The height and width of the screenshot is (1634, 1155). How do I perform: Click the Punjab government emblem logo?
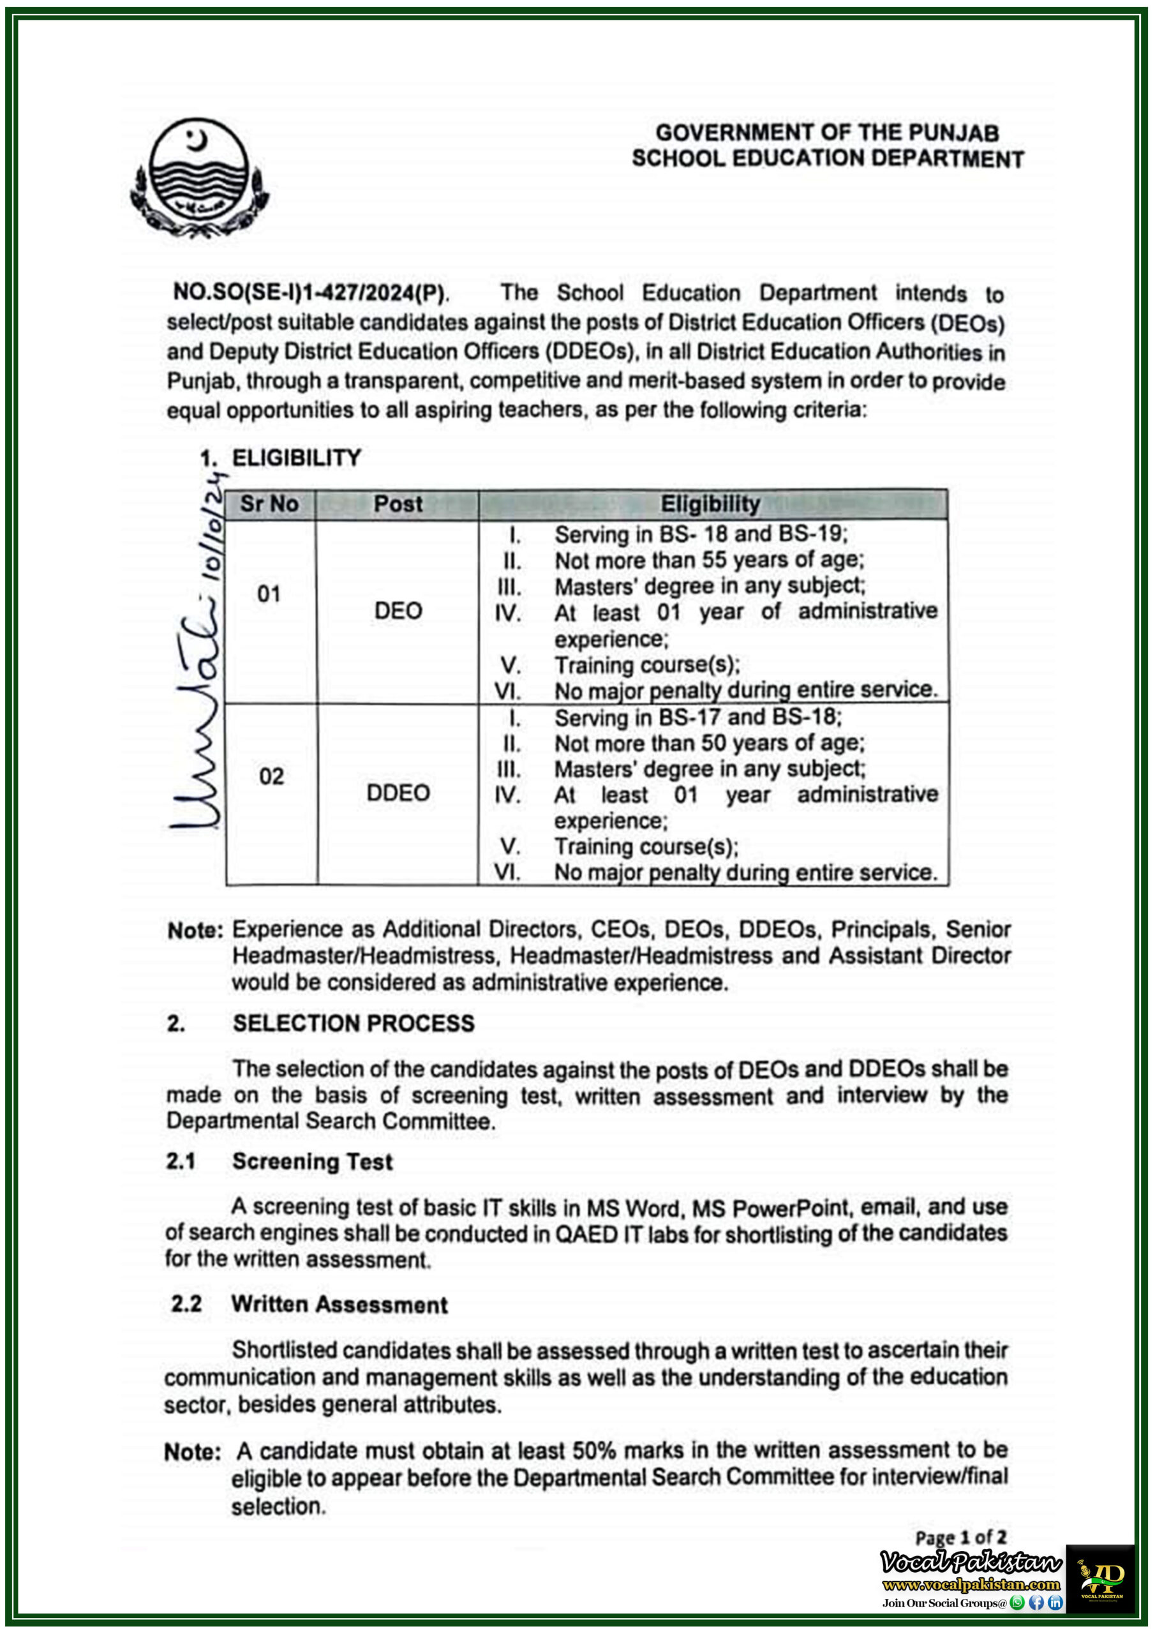[198, 177]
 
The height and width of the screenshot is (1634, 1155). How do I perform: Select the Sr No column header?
[269, 504]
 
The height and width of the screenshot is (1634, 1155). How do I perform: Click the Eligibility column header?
[710, 504]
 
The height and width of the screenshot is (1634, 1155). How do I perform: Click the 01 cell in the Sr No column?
[269, 594]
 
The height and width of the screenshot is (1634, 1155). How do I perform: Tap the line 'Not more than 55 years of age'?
[709, 560]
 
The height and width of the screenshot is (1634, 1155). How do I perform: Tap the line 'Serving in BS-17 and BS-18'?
[698, 717]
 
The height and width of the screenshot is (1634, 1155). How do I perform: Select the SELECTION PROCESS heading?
[353, 1023]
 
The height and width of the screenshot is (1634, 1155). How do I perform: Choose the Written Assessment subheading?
[339, 1305]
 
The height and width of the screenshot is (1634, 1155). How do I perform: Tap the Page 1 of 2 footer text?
[961, 1537]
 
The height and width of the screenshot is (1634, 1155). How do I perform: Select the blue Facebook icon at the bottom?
[1037, 1603]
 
